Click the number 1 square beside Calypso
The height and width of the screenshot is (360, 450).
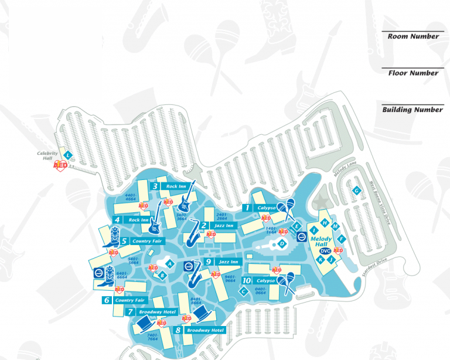pos(247,208)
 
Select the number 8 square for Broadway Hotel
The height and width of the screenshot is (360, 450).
pos(178,330)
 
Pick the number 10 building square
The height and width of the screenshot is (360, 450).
pos(247,281)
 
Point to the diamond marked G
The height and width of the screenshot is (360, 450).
pos(356,191)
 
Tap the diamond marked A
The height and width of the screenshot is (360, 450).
pos(169,264)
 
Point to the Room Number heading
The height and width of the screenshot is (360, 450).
pos(412,36)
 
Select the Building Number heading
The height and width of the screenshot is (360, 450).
pos(412,110)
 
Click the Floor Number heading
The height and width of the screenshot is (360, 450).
pos(412,73)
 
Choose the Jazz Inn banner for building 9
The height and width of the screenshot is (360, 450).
pos(226,261)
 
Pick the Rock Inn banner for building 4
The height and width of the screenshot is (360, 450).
pos(139,220)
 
